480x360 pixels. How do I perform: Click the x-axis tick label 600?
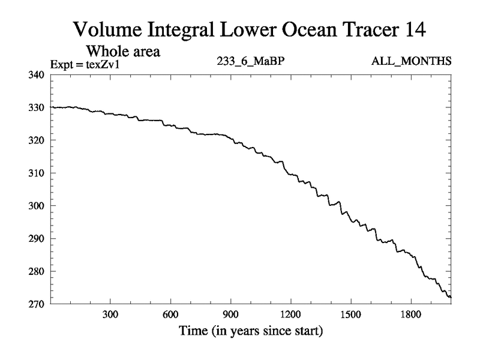[170, 315]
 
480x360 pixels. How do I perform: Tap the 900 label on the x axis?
[230, 315]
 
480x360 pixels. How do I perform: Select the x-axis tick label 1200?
[290, 315]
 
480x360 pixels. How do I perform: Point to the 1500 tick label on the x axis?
[350, 315]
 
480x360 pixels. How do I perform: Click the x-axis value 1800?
[410, 315]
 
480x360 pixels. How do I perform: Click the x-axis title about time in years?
[251, 331]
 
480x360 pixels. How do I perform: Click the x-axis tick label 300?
[110, 315]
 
